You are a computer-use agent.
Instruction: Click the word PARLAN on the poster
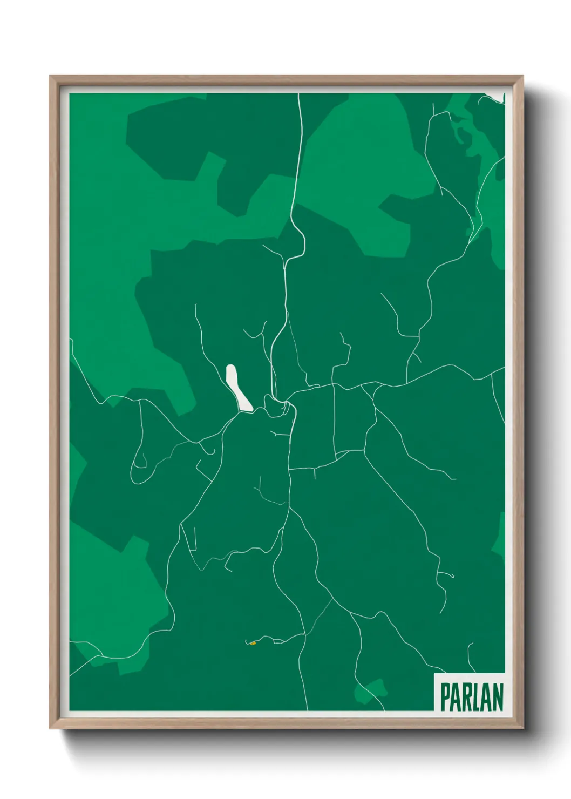(x=471, y=697)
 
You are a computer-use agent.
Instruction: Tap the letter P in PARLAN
(x=446, y=697)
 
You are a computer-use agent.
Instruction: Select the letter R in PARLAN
(x=467, y=697)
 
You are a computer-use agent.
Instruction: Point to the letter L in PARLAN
(x=477, y=697)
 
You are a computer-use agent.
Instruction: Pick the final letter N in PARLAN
(x=498, y=697)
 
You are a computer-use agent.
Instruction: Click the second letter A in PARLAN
(x=487, y=697)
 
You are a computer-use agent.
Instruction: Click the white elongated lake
(x=238, y=388)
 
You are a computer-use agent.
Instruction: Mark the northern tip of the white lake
(x=230, y=367)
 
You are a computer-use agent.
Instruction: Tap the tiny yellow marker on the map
(x=253, y=643)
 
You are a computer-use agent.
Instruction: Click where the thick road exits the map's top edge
(x=298, y=94)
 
